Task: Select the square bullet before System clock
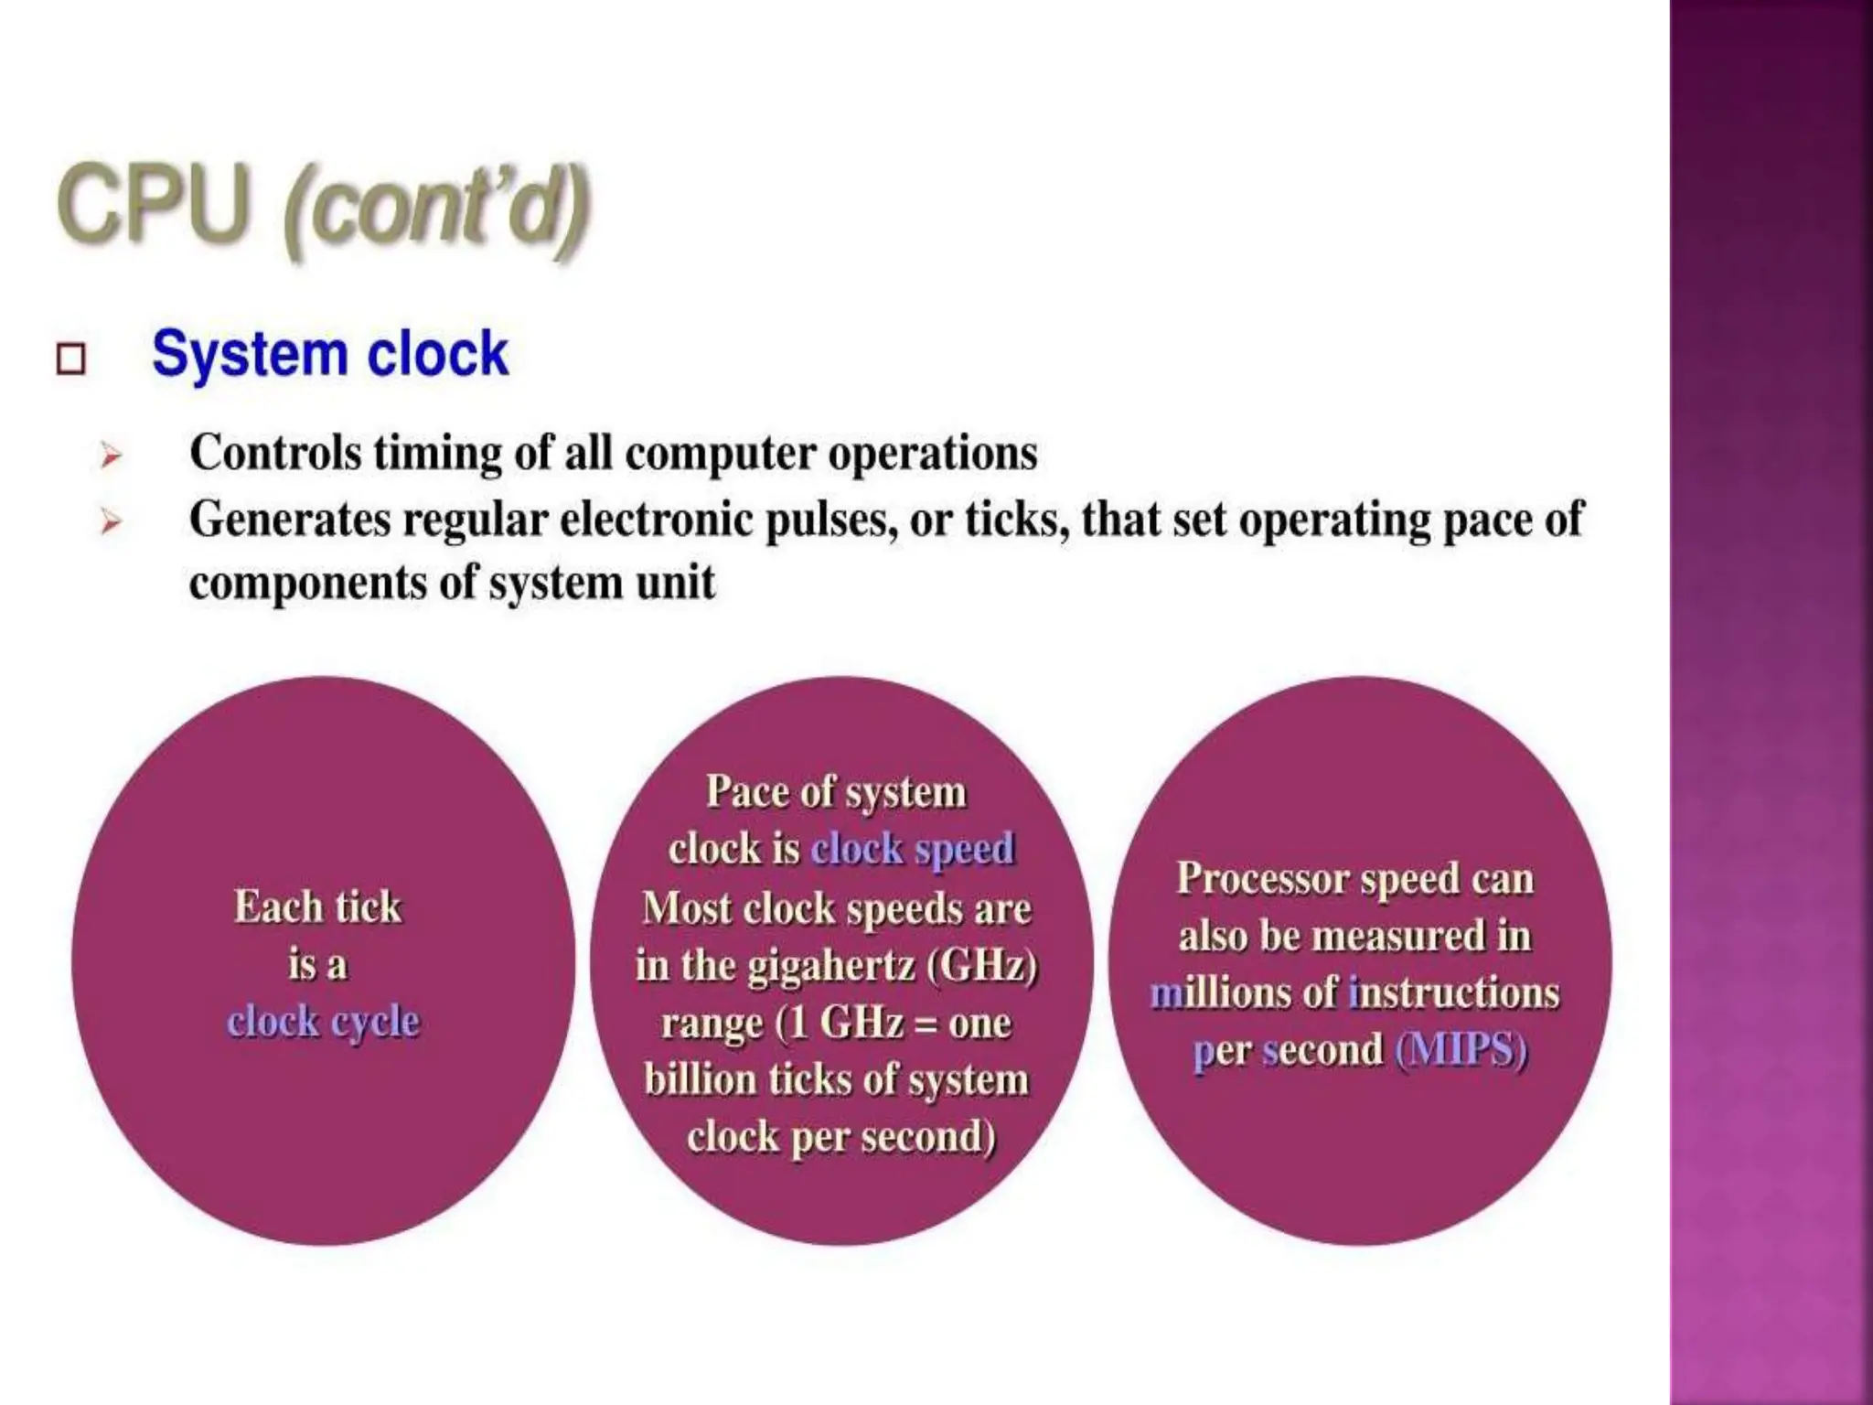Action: coord(70,359)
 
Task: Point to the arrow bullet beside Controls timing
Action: coord(111,455)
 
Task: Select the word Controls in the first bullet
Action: coord(275,453)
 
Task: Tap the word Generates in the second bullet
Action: coord(289,520)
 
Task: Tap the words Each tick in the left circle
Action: coord(317,907)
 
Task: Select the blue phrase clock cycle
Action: coord(323,1022)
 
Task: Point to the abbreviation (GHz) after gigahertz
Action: coord(982,965)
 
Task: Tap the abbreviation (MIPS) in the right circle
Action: coord(1461,1050)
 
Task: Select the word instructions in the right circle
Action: coord(1454,993)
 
